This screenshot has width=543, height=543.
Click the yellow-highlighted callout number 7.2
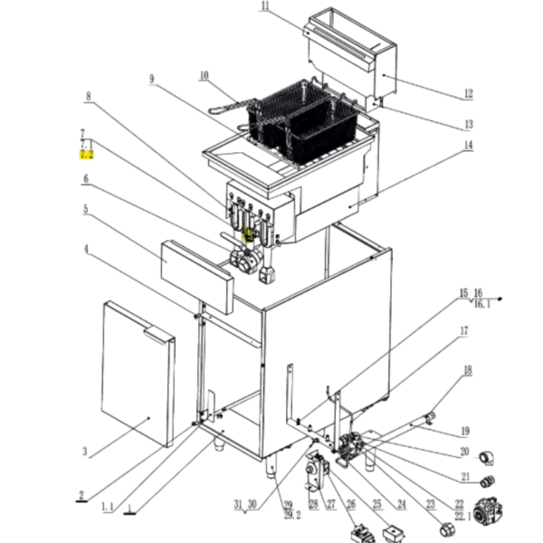point(86,155)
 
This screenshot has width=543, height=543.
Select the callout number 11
point(264,8)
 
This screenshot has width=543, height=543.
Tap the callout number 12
point(468,93)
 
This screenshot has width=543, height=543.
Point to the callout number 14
point(468,146)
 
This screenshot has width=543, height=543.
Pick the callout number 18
point(468,371)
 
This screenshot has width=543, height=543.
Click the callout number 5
point(85,210)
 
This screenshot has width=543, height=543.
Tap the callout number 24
point(401,503)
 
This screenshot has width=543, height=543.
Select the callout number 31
point(238,503)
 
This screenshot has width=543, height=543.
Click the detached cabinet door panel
point(138,371)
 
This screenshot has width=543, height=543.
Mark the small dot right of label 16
point(500,298)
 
